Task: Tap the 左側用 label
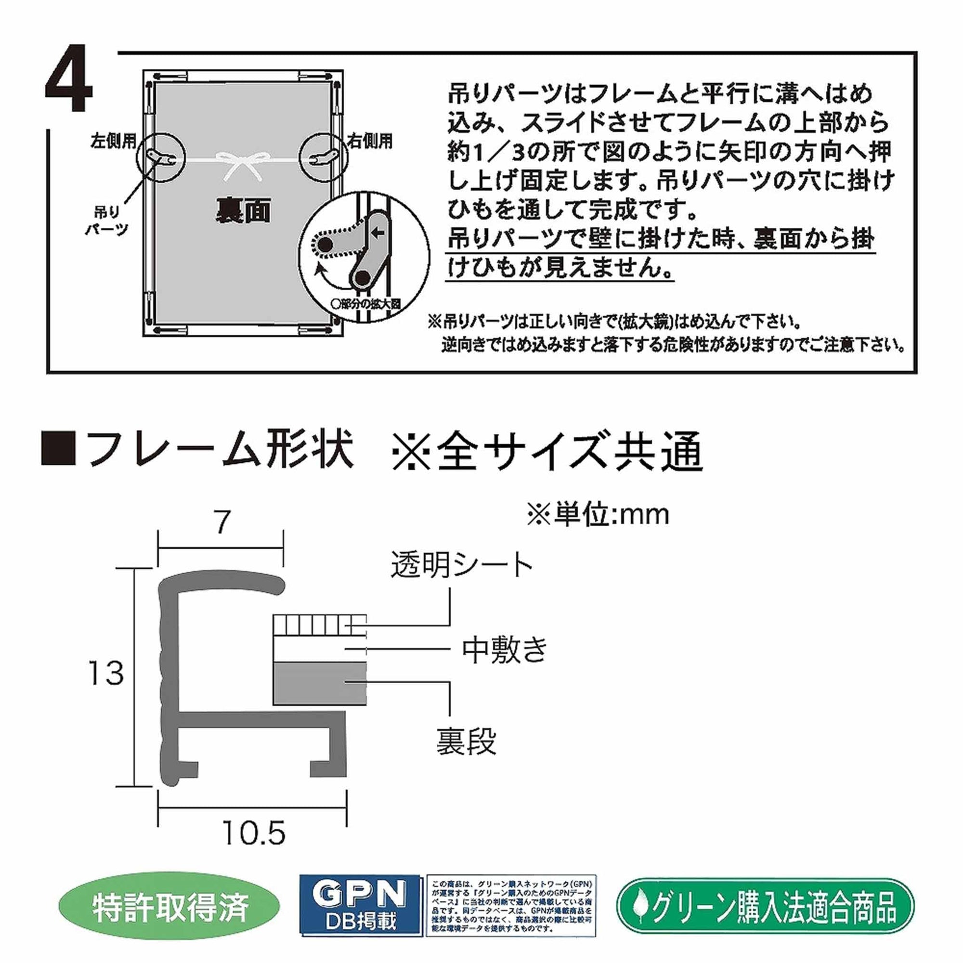coord(113,142)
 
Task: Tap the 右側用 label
coord(370,142)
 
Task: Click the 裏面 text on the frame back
coord(243,211)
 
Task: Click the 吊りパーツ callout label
coord(107,221)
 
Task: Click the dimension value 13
coord(105,674)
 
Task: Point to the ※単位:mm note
coord(598,515)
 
